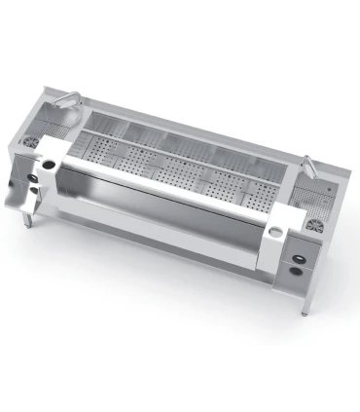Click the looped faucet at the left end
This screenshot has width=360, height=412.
(71, 98)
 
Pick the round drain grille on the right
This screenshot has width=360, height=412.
(316, 226)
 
